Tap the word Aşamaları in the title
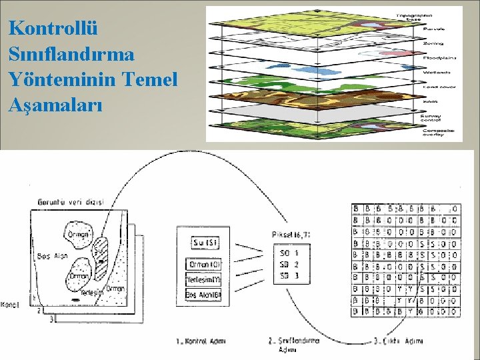56,104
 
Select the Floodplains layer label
438,57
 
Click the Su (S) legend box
204,243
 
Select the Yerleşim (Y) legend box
204,279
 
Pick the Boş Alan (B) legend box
204,295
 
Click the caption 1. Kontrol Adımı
201,341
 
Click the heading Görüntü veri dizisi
71,202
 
